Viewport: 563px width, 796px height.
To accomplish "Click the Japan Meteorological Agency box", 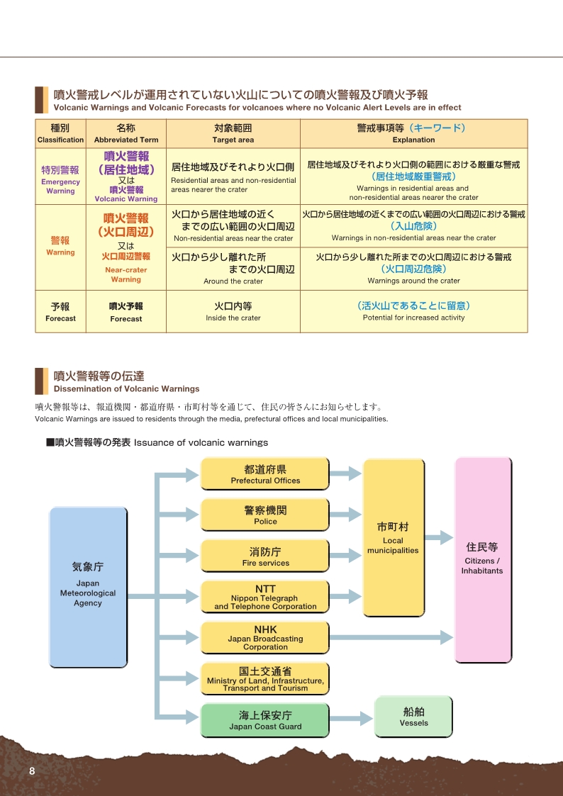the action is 88,587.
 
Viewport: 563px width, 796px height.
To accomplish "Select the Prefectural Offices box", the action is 265,473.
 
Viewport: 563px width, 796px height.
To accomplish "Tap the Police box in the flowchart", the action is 265,515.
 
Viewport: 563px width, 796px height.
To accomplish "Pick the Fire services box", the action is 265,556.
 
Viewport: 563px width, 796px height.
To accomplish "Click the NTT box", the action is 265,597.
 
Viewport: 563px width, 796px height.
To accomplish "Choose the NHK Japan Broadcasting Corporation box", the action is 265,638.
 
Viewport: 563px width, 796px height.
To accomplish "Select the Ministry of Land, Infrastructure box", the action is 265,679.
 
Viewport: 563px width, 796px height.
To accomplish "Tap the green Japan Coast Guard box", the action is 265,720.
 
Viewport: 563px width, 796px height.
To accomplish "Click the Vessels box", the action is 413,717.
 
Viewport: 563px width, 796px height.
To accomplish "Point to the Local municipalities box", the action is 394,537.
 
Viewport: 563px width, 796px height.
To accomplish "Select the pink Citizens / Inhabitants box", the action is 483,560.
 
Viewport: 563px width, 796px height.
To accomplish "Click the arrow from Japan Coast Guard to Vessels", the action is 351,718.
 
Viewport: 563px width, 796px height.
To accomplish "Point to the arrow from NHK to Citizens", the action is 391,638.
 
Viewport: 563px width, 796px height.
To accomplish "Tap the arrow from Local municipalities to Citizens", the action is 439,537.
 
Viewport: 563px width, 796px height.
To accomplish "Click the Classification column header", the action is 60,133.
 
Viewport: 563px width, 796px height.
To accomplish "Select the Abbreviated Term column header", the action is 126,133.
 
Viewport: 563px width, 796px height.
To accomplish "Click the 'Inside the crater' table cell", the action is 233,311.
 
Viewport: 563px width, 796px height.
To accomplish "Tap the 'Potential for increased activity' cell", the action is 414,311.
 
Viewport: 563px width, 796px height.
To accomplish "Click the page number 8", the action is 32,771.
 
